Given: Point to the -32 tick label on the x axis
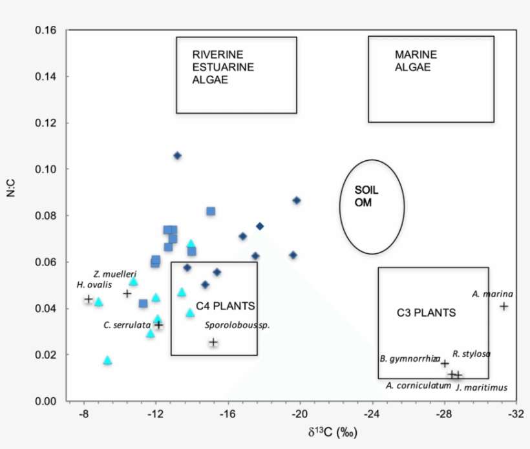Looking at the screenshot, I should coord(515,415).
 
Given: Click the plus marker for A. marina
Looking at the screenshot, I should coord(503,306).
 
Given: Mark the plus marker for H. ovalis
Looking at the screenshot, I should coord(89,299).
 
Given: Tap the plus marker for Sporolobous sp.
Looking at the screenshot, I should coord(213,342).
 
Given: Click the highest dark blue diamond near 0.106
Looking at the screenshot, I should coord(177,156).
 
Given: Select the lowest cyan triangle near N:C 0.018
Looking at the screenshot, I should coord(107,360).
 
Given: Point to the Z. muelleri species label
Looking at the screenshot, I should coord(114,274).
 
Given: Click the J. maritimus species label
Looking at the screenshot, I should coord(482,388).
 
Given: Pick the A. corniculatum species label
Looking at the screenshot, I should coord(418,386).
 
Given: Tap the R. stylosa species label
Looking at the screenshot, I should coord(471,353).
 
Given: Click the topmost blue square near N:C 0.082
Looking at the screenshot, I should coord(211,211).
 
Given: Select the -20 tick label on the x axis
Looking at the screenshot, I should coord(299,415).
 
